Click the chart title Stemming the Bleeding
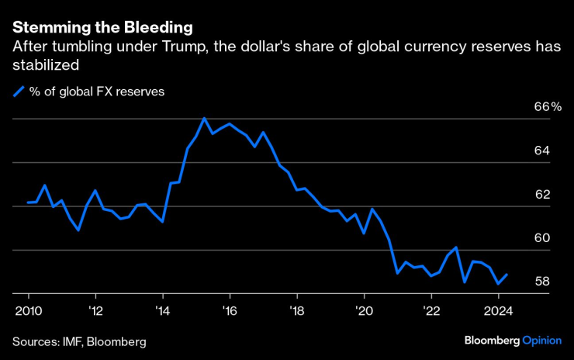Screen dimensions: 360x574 point(102,28)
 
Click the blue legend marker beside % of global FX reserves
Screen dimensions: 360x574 point(19,92)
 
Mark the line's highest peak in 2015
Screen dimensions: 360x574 point(204,118)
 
